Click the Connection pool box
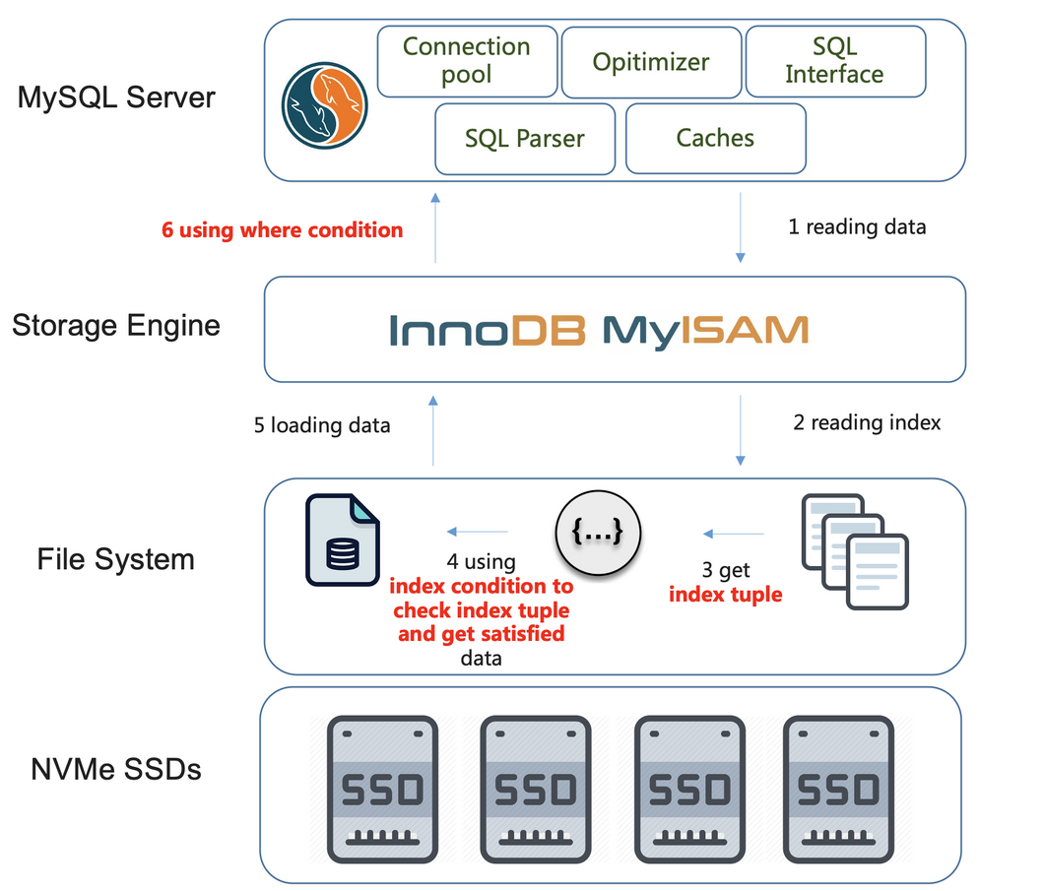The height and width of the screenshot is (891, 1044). coord(467,61)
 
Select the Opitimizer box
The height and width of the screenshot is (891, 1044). coord(650,62)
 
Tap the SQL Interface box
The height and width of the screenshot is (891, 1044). coord(834,61)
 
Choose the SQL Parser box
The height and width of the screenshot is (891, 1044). coord(524,139)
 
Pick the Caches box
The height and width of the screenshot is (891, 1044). coord(715,139)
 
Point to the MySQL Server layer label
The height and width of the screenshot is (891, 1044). coord(116,97)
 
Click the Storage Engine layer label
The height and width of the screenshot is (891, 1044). coord(116,325)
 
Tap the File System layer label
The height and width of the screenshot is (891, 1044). coord(116,559)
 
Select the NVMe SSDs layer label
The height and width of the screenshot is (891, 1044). coord(116,768)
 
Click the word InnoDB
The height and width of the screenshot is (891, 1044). coord(488,330)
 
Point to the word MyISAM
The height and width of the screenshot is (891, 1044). coord(705,330)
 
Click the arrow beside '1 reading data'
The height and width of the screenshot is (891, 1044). coord(741,228)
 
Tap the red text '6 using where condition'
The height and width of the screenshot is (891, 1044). coord(283,230)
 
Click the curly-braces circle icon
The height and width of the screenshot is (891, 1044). coord(598,533)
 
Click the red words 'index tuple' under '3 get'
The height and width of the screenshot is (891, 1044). coord(726,594)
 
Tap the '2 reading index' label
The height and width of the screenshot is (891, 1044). coord(867,422)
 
